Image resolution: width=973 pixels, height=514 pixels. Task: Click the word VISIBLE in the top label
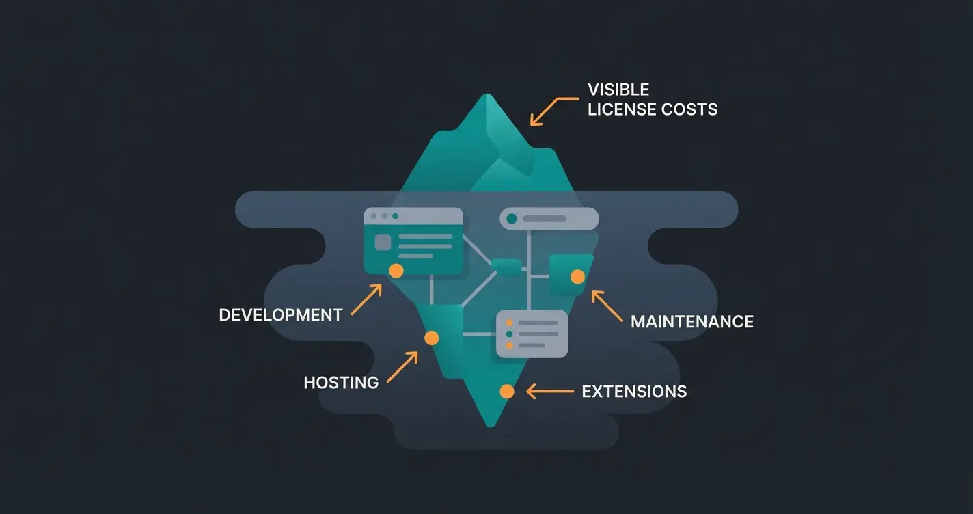(x=618, y=90)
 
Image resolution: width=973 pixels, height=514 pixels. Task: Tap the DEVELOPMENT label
(x=280, y=315)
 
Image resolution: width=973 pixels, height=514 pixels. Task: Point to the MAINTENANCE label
(x=691, y=321)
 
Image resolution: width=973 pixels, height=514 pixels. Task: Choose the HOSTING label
(x=341, y=383)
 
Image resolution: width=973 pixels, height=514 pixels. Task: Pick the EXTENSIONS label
(x=634, y=392)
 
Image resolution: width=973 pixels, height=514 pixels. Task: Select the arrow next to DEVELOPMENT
(x=366, y=300)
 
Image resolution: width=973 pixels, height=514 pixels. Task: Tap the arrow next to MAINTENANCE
(x=607, y=306)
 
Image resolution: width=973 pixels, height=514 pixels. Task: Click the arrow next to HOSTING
(x=402, y=367)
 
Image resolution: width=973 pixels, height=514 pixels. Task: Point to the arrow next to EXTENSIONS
(x=550, y=392)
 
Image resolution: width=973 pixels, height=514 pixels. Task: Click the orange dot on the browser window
(x=396, y=271)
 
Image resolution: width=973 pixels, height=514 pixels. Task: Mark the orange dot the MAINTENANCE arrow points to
(x=577, y=276)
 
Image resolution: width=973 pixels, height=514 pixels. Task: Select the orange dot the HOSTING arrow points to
(x=431, y=338)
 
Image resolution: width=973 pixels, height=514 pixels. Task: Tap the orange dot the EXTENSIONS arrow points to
(x=506, y=391)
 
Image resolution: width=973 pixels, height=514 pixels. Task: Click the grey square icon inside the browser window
(x=383, y=243)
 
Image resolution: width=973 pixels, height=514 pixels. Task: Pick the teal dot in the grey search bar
(x=512, y=219)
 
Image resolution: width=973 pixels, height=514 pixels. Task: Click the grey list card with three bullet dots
(x=532, y=334)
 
